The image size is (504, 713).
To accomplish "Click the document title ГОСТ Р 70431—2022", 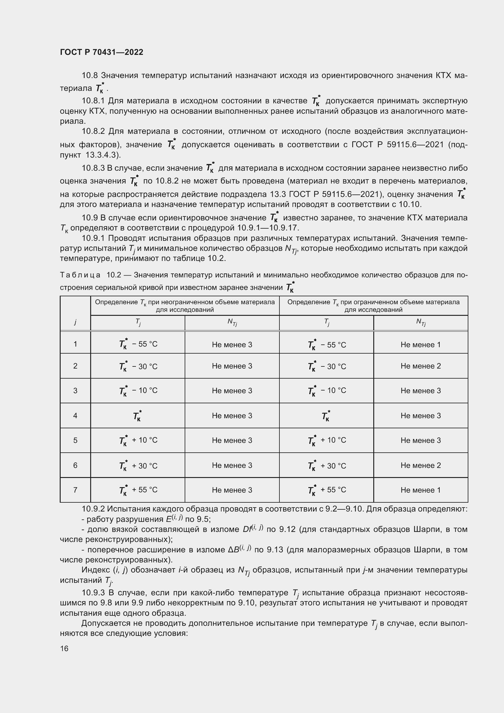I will (101, 52).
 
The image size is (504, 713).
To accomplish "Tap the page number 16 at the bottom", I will (64, 648).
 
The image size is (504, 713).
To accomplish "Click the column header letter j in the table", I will (75, 322).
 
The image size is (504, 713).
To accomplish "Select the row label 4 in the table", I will (75, 415).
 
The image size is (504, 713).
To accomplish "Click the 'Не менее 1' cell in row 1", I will (420, 344).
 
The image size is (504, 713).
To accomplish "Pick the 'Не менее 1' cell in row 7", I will (420, 490).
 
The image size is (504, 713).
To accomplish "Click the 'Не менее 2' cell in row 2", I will (420, 366).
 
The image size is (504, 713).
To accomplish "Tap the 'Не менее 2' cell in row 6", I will (420, 465).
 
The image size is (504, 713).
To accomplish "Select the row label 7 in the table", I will (75, 490).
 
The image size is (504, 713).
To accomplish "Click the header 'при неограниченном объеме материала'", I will (211, 302).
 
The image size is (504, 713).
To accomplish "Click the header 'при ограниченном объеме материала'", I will (400, 302).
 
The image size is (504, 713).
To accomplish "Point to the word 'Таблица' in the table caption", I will (80, 275).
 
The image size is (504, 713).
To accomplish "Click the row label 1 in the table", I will (75, 344).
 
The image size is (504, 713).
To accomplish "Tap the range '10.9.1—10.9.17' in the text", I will (268, 228).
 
